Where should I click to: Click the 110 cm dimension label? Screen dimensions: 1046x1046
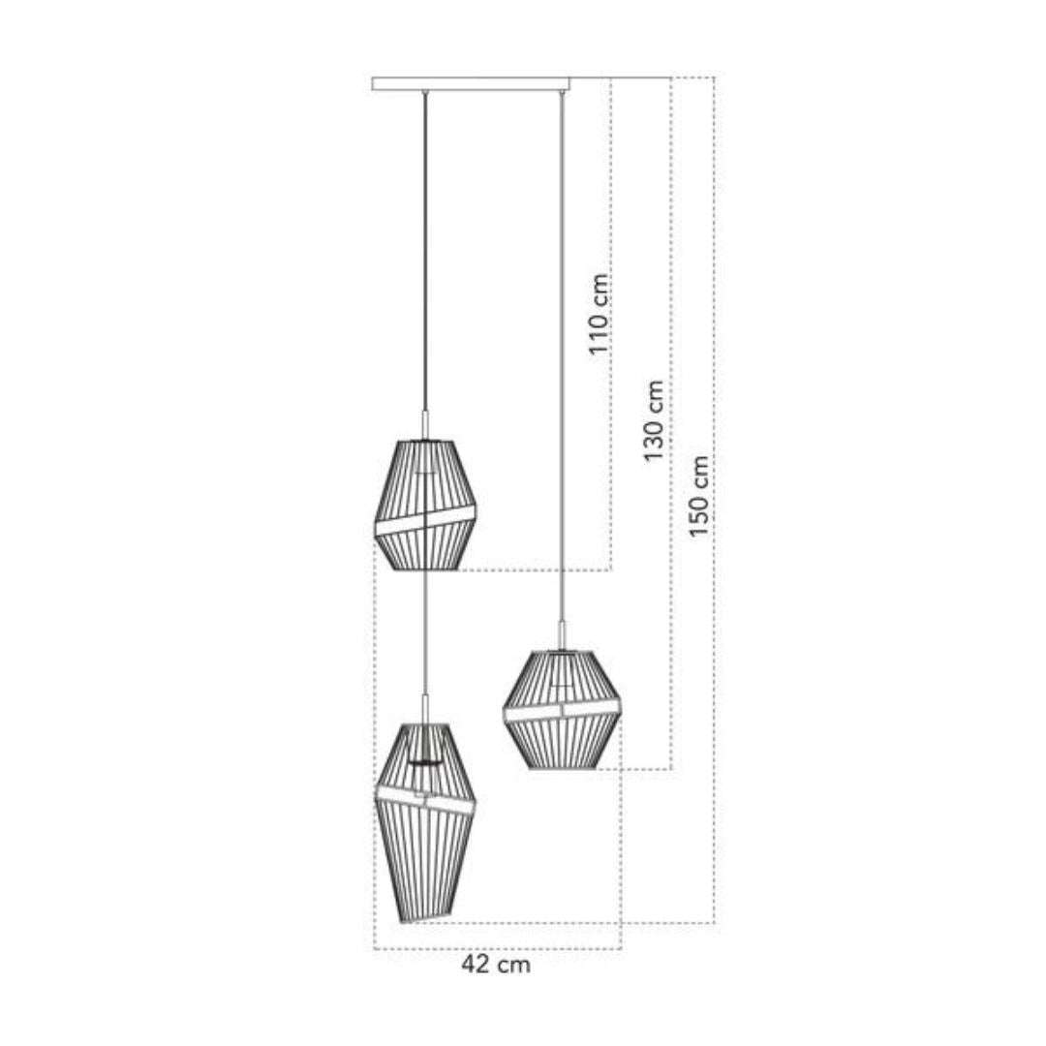[600, 314]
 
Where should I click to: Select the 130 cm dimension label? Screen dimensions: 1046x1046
[654, 420]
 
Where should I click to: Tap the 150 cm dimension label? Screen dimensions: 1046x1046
[697, 496]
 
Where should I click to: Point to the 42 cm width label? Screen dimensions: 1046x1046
[496, 964]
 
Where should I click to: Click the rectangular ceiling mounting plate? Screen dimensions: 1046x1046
[471, 84]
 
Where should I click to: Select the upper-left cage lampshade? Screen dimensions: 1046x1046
[425, 505]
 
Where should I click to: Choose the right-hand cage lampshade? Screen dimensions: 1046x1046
[562, 710]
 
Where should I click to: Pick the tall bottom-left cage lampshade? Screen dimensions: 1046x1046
[425, 823]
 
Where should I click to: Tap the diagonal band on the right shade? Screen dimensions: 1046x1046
[562, 711]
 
